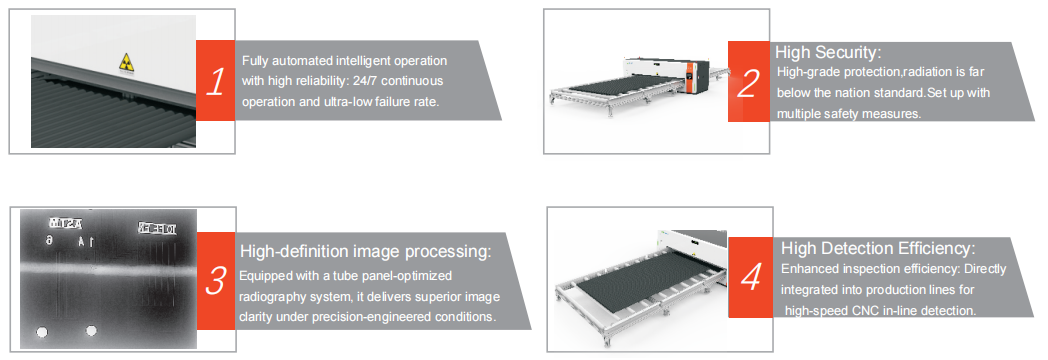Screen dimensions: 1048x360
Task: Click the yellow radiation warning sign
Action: click(x=126, y=62)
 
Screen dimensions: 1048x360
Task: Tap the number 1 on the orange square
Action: click(x=215, y=81)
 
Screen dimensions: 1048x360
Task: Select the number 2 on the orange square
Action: click(x=748, y=83)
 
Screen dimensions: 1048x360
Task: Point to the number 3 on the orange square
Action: click(x=215, y=281)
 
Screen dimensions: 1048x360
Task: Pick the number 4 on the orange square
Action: click(x=751, y=278)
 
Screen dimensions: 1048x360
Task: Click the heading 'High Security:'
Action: click(x=828, y=52)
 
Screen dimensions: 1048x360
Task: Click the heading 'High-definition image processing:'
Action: click(x=366, y=252)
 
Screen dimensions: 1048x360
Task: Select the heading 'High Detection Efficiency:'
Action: click(x=878, y=248)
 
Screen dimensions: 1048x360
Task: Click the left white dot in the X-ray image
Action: click(x=43, y=332)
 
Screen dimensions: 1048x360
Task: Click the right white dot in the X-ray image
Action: click(x=92, y=331)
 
